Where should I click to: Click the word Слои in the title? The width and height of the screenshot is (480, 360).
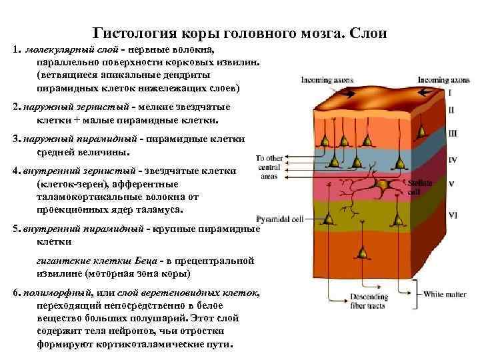click(367, 33)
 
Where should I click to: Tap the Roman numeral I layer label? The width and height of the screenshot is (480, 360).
click(451, 93)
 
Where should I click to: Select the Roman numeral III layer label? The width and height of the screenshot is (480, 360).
click(453, 133)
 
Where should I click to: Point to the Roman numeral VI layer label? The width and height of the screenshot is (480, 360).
click(453, 215)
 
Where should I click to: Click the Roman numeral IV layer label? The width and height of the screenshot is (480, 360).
click(453, 160)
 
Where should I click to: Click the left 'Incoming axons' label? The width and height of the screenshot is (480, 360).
click(320, 80)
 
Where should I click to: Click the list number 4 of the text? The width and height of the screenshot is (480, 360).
click(15, 171)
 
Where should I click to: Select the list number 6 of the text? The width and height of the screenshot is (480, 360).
click(15, 293)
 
